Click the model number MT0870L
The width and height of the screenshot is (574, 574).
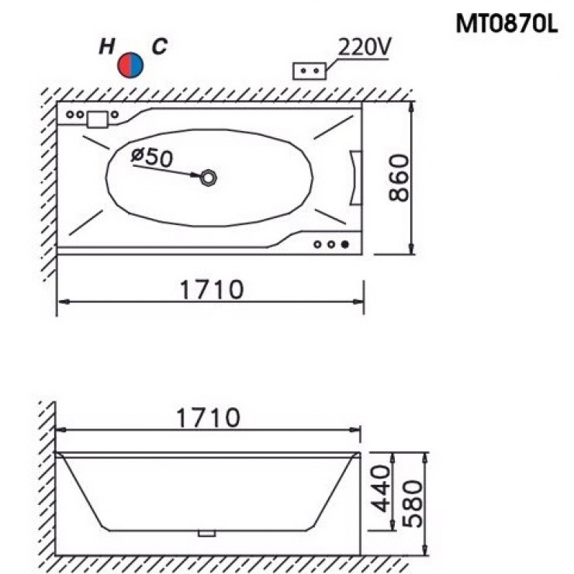tap(507, 24)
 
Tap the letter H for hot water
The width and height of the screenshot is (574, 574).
tap(106, 47)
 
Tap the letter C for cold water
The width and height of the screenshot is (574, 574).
tap(160, 47)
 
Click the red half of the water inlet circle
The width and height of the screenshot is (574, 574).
tap(124, 65)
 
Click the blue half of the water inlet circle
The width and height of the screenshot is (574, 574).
tap(137, 65)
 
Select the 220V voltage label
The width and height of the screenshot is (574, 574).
tap(364, 47)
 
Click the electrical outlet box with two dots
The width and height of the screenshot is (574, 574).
tap(309, 71)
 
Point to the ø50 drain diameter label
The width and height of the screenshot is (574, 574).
tap(151, 157)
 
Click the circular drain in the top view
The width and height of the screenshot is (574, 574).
tap(209, 178)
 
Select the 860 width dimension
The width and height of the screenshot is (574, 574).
tap(399, 178)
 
